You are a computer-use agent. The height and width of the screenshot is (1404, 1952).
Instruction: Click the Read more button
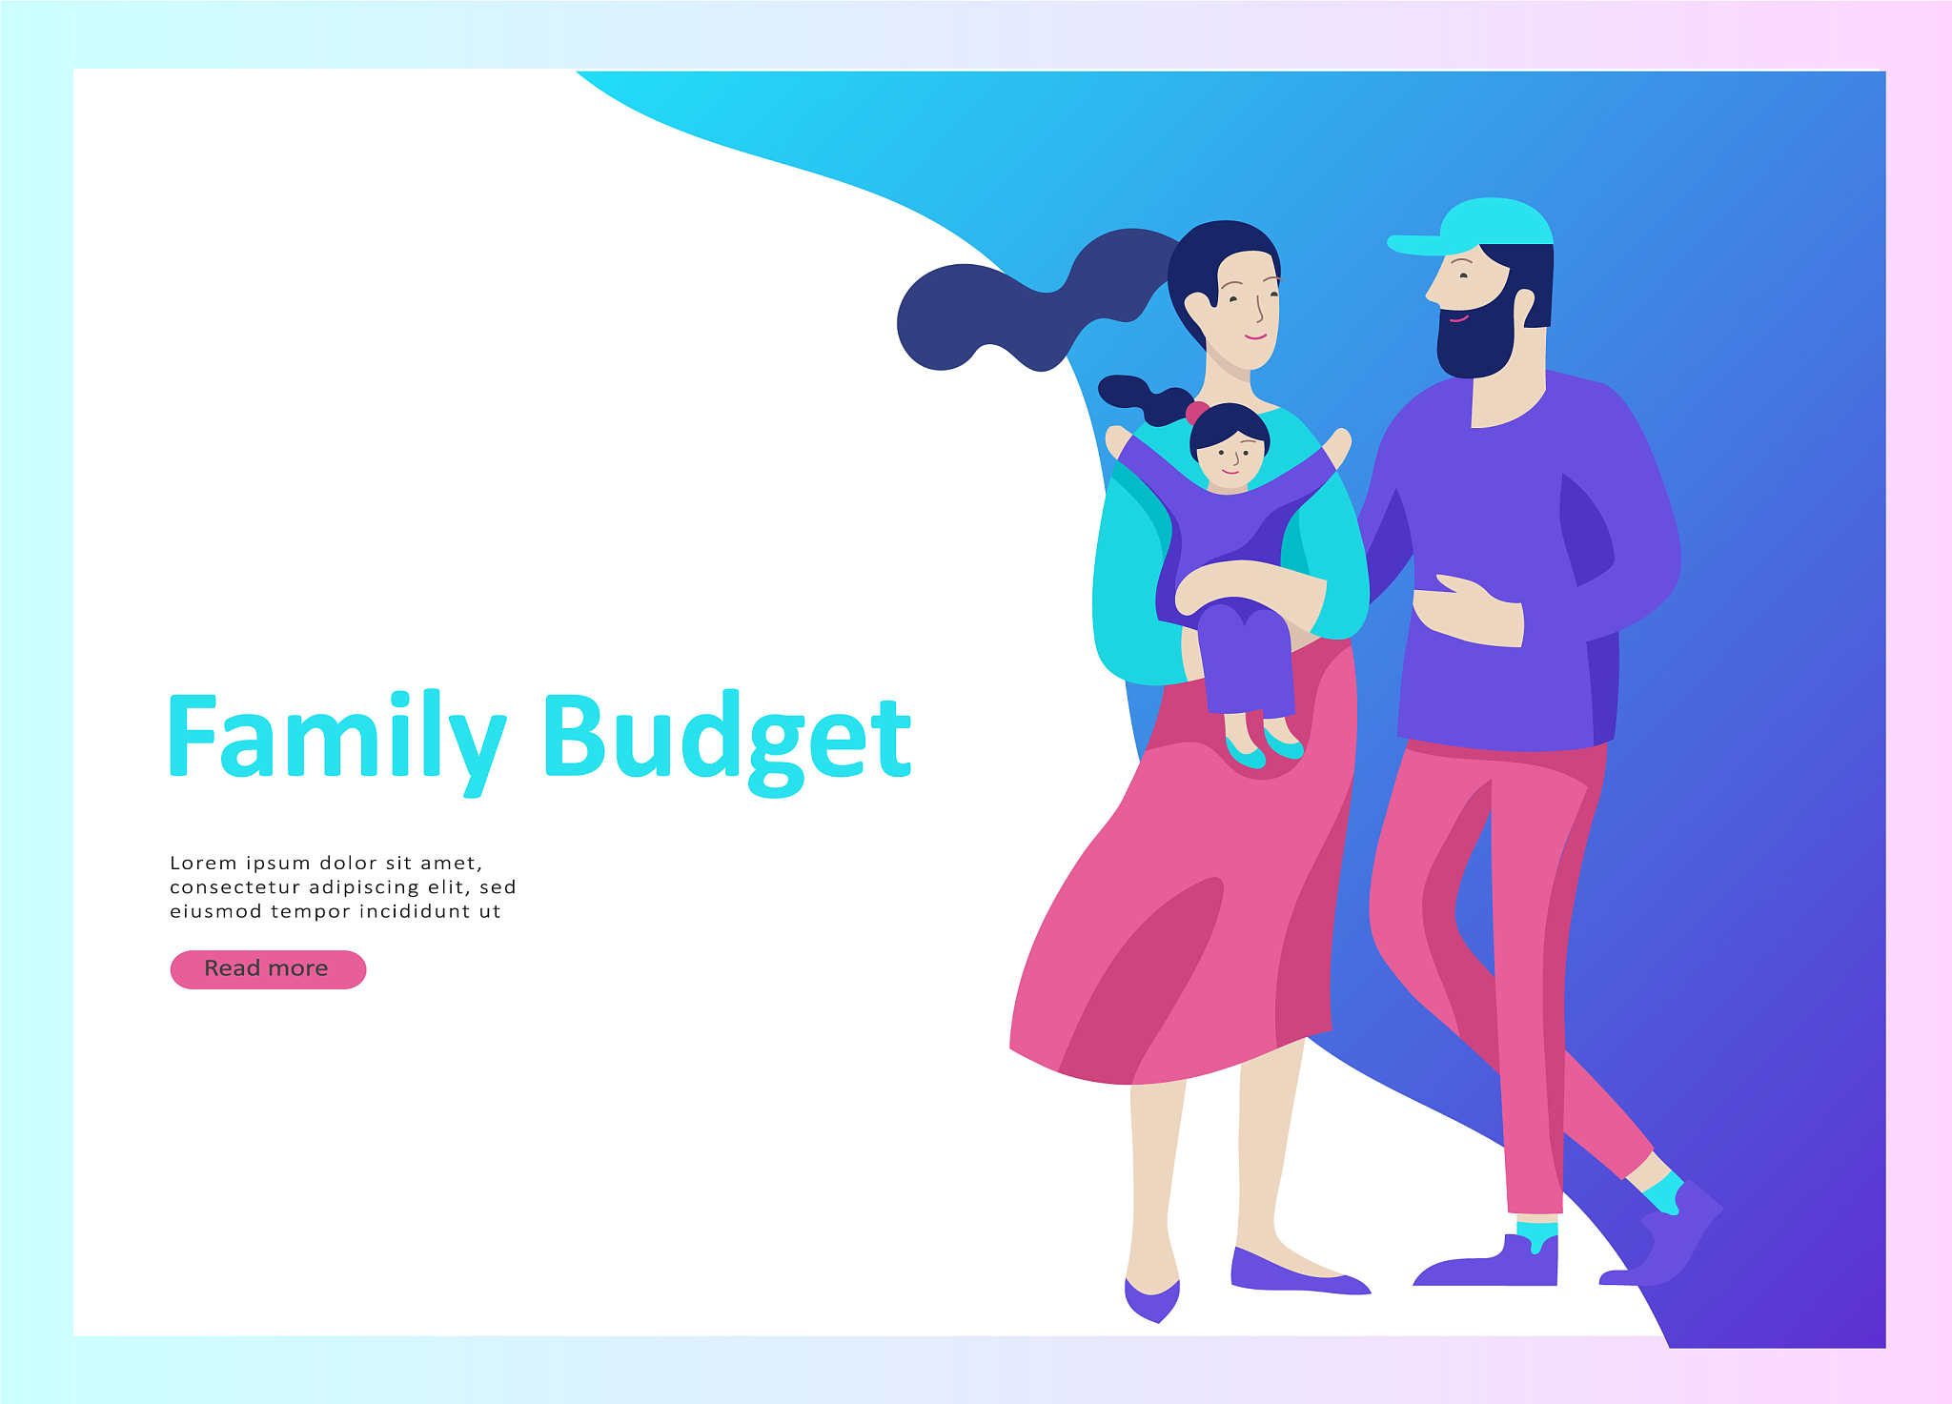(268, 969)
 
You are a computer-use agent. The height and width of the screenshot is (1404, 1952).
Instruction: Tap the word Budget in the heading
(728, 741)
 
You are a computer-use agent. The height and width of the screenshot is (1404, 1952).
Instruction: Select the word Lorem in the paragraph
(203, 863)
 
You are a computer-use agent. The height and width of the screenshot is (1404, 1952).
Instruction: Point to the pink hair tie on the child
(1195, 412)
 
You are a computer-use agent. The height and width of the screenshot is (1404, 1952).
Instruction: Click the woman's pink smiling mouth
(1255, 336)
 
